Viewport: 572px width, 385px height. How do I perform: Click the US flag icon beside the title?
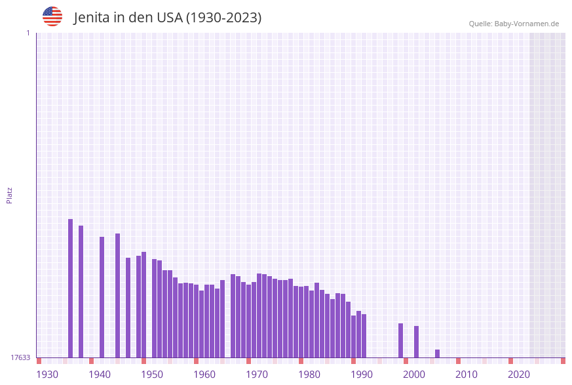[x=52, y=16]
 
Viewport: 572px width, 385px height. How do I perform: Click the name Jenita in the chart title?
[x=92, y=18]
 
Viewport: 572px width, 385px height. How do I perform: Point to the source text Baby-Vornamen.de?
[x=527, y=24]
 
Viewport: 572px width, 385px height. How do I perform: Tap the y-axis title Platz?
[x=10, y=195]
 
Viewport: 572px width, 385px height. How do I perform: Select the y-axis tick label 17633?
[x=20, y=357]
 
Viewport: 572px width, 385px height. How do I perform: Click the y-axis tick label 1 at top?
[x=28, y=33]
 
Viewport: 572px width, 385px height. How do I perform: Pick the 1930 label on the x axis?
[x=47, y=375]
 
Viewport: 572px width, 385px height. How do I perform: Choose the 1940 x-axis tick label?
[x=100, y=375]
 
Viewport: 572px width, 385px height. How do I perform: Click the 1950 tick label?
[x=152, y=375]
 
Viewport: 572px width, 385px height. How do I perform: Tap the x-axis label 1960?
[x=204, y=375]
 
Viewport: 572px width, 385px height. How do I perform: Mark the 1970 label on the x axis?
[x=257, y=375]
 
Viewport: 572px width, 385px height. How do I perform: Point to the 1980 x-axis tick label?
[x=309, y=375]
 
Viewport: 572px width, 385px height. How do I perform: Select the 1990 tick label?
[x=362, y=375]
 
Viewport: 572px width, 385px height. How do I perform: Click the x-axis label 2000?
[x=414, y=375]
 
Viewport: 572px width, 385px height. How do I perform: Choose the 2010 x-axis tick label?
[x=467, y=375]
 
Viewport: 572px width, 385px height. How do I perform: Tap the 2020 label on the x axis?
[x=519, y=375]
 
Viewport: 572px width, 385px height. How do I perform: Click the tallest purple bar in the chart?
[x=71, y=289]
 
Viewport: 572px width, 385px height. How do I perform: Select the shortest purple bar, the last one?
[x=438, y=354]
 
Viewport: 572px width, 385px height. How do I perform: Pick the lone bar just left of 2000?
[x=401, y=340]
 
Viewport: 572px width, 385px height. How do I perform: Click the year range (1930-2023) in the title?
[x=223, y=18]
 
